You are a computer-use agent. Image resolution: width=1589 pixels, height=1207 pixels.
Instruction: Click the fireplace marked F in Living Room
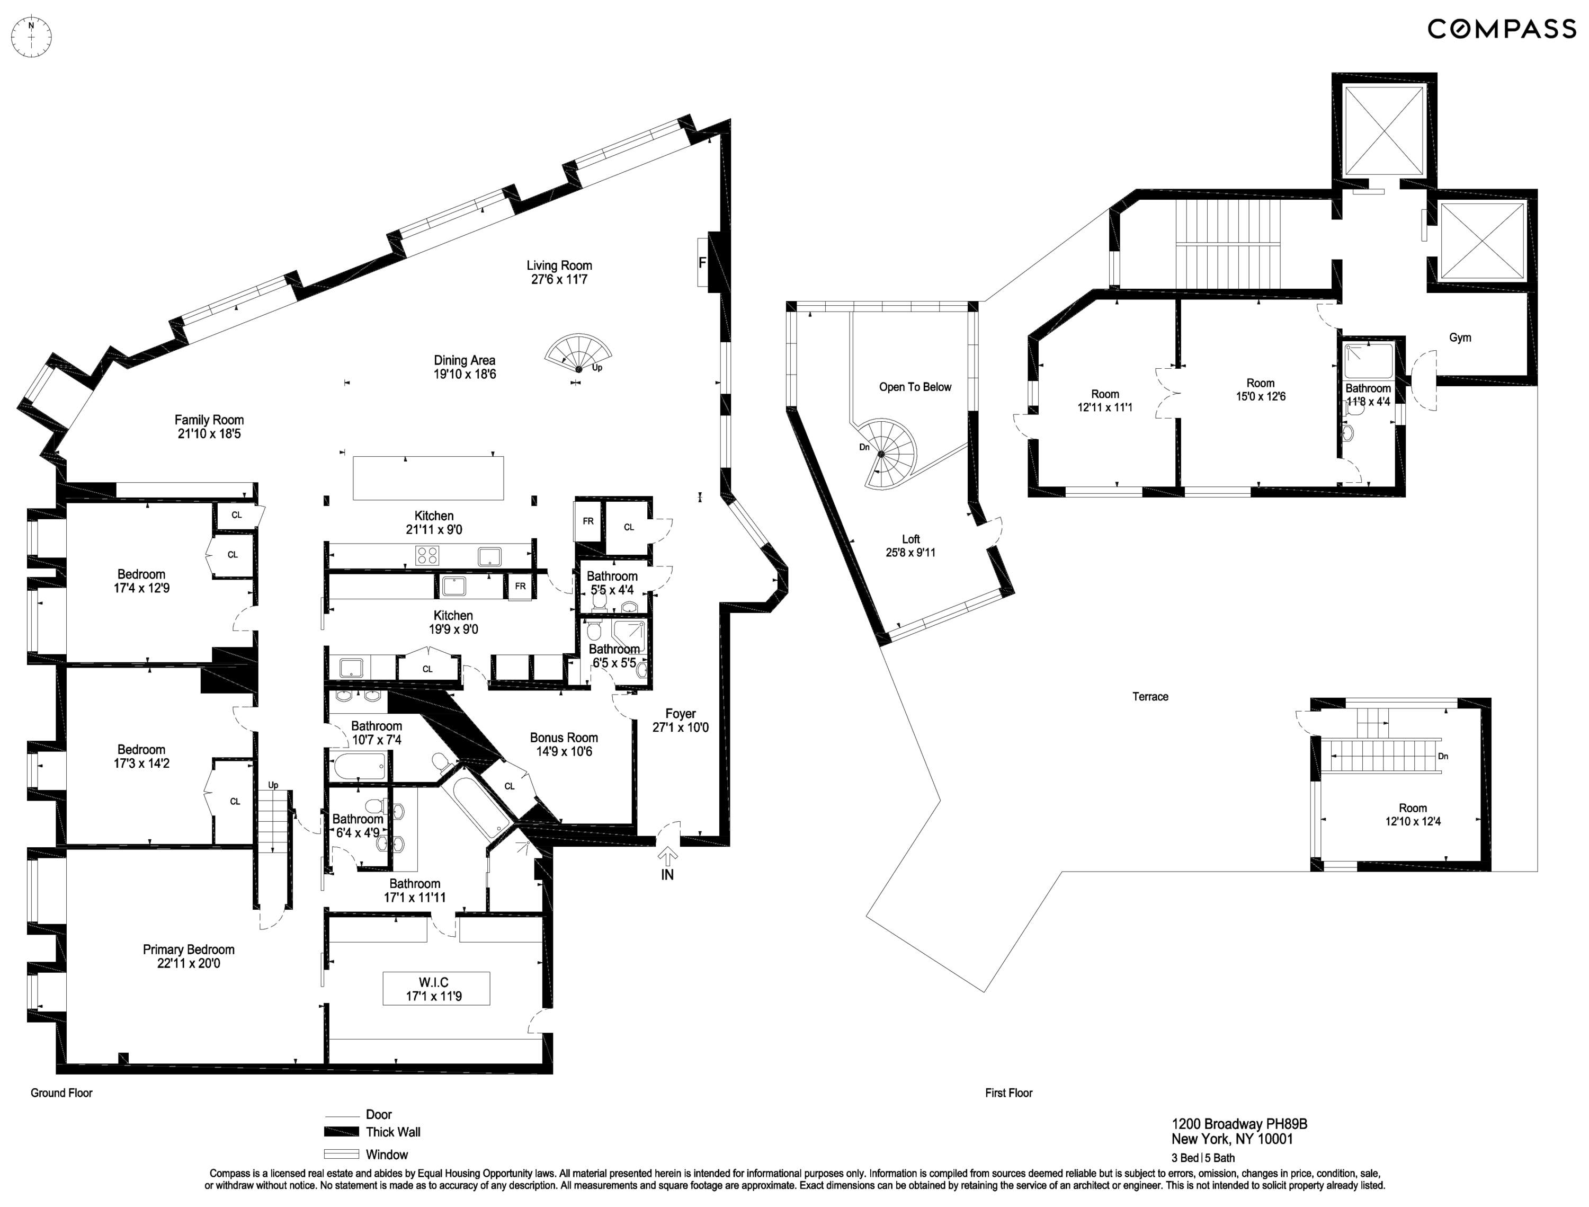click(x=702, y=263)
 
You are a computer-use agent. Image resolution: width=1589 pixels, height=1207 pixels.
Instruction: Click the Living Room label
click(x=559, y=265)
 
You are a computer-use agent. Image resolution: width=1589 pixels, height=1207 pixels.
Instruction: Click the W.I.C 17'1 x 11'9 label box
click(x=436, y=989)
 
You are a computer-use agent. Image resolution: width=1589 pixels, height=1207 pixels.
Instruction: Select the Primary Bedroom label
click(x=188, y=949)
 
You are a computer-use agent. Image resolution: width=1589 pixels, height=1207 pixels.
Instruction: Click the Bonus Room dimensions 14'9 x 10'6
click(x=564, y=751)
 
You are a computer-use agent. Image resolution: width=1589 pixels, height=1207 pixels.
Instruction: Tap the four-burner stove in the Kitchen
click(x=428, y=555)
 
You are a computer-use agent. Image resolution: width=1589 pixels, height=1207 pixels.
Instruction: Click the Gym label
click(x=1460, y=338)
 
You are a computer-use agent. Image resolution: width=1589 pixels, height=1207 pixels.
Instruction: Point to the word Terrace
click(x=1150, y=696)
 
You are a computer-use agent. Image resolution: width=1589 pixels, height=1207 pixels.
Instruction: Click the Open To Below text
click(x=914, y=387)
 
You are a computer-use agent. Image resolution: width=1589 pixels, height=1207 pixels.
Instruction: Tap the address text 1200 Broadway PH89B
click(x=1239, y=1124)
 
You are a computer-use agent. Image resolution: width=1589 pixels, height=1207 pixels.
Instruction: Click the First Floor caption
click(x=1008, y=1093)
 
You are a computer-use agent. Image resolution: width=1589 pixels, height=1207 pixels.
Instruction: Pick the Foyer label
click(x=680, y=713)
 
